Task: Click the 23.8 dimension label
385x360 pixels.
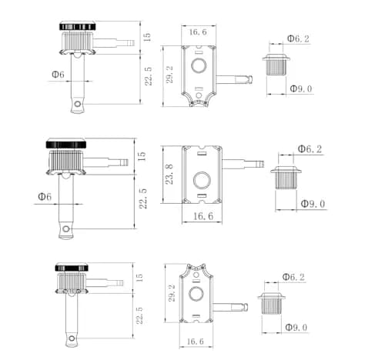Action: tap(169, 175)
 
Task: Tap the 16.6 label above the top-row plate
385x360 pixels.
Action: tap(198, 32)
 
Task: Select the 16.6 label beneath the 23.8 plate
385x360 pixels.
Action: tap(203, 216)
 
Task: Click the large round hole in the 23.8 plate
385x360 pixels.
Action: tap(202, 180)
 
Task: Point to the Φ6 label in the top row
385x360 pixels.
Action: tap(58, 75)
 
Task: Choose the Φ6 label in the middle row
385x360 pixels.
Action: tap(45, 197)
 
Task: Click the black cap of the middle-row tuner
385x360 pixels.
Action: tap(66, 143)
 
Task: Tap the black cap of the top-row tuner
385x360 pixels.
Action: tap(78, 26)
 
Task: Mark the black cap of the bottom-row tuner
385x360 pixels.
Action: tap(72, 267)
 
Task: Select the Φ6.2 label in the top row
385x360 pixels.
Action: tap(298, 38)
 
